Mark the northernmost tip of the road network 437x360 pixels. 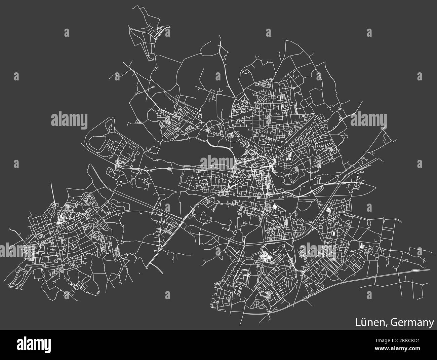[134, 6]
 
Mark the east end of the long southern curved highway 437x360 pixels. [430, 269]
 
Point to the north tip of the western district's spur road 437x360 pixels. [51, 182]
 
